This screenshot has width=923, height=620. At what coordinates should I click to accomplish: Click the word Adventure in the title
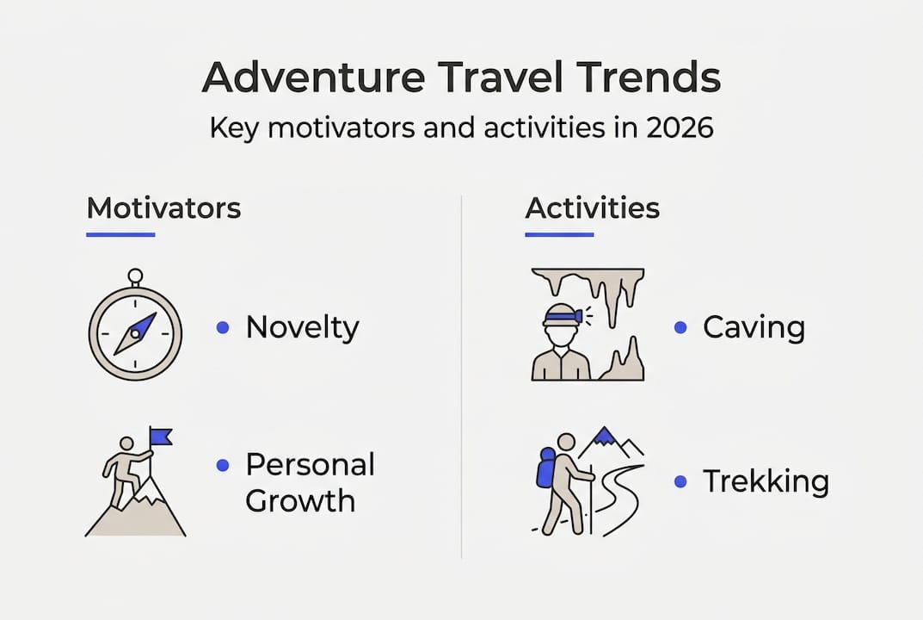[313, 77]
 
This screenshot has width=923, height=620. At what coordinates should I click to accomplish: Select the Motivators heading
[163, 208]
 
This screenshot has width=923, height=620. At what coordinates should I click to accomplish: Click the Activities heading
[592, 208]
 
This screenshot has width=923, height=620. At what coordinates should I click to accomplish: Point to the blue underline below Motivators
[120, 234]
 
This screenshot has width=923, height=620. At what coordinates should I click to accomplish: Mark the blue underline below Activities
[559, 234]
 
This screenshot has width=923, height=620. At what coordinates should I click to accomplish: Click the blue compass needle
[136, 333]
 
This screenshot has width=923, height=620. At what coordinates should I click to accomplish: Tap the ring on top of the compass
[135, 276]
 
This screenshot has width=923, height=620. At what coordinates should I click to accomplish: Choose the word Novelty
[302, 328]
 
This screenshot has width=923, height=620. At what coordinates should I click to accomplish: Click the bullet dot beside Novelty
[223, 328]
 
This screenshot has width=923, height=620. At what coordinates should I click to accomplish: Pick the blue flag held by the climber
[160, 437]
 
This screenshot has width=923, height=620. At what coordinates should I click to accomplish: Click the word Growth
[300, 501]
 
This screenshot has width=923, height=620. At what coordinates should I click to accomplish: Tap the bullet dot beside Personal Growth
[223, 466]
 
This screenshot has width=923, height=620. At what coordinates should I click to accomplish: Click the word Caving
[754, 328]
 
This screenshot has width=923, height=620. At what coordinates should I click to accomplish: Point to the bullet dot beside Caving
[680, 328]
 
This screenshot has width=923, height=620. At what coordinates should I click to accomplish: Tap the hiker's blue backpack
[545, 468]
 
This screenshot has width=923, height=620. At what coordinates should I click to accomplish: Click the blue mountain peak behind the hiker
[604, 436]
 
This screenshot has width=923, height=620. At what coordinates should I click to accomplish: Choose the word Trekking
[766, 481]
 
